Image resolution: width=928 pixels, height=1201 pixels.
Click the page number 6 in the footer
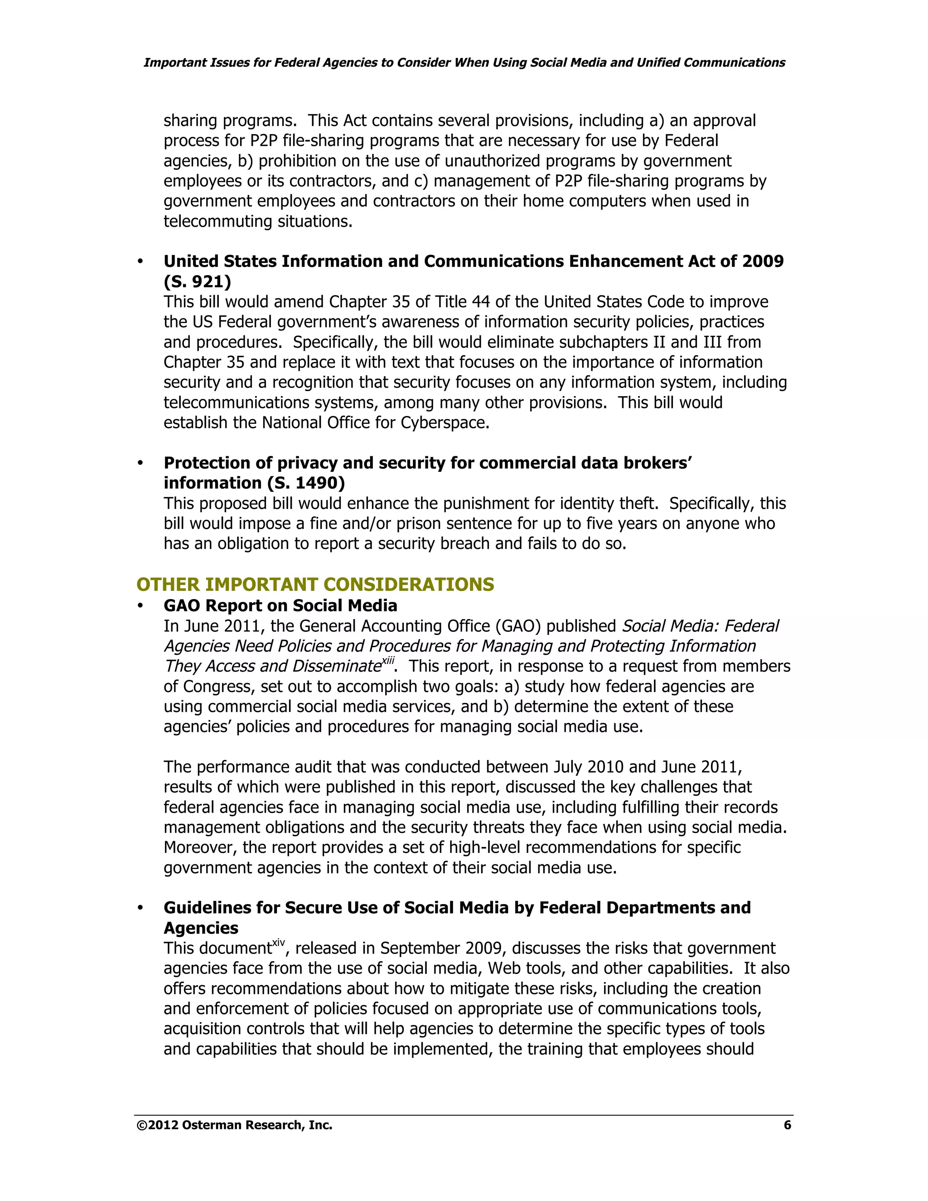pos(787,1125)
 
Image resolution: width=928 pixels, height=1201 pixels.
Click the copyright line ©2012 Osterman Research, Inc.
pos(234,1125)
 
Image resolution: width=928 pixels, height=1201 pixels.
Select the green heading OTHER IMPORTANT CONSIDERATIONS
pos(315,584)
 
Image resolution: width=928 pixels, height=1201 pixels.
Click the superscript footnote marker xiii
pos(388,661)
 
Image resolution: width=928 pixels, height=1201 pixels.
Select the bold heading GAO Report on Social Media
pos(280,605)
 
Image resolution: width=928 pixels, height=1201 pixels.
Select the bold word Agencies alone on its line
pos(201,928)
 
